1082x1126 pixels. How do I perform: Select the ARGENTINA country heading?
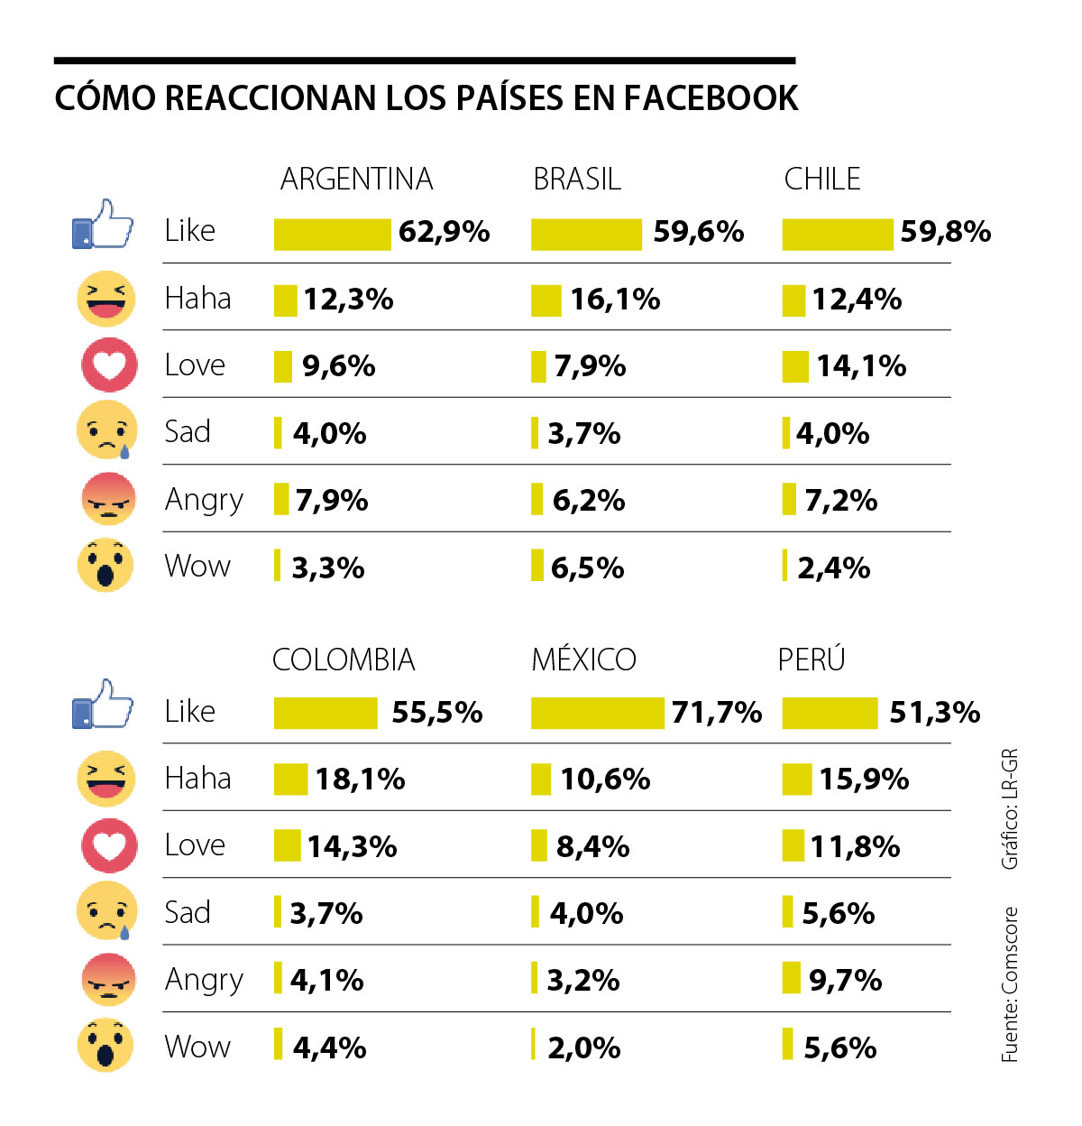pos(356,179)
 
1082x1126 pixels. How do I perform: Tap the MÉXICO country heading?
pos(583,660)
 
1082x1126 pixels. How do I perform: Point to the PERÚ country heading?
pos(811,660)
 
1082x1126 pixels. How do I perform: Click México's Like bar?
pos(597,713)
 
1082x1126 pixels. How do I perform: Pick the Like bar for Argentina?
pos(332,234)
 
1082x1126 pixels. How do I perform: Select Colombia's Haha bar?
pos(290,780)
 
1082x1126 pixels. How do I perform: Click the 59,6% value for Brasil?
pos(699,232)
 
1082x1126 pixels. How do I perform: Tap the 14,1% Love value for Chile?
pos(861,365)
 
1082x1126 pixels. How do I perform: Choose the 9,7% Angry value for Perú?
pos(845,980)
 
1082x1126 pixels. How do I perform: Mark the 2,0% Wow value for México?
pos(584,1048)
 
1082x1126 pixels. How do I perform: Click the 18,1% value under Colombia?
pos(360,780)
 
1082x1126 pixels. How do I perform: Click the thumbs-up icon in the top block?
pos(103,225)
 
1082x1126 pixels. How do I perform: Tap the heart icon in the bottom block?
pos(109,845)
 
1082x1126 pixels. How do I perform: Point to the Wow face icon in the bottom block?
pos(105,1045)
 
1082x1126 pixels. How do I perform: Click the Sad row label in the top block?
pos(188,432)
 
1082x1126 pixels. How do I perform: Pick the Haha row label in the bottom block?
pos(197,779)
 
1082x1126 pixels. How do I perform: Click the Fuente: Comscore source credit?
pos(1010,984)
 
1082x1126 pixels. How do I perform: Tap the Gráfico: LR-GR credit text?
pos(1010,808)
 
